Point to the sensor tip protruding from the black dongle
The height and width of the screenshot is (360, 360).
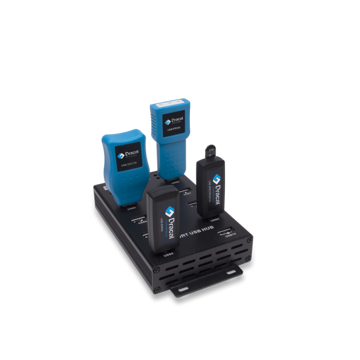tap(210, 151)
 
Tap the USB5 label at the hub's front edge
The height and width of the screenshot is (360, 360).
tap(167, 256)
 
